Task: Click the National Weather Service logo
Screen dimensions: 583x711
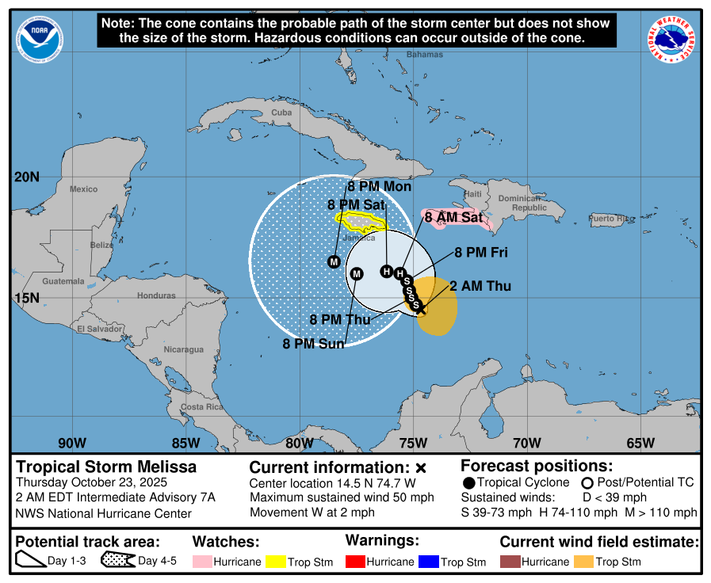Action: (674, 40)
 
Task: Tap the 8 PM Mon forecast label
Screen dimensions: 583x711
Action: (380, 187)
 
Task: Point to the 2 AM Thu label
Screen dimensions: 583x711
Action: (480, 286)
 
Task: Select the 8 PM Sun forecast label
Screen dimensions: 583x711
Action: (314, 344)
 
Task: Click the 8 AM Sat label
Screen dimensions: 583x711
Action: (453, 216)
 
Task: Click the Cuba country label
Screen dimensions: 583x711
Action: (281, 112)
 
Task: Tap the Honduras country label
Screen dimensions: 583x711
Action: (156, 295)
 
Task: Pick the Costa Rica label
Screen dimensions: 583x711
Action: (201, 407)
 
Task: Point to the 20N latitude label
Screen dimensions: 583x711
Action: (26, 177)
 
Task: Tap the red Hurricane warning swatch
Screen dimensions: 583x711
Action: (355, 562)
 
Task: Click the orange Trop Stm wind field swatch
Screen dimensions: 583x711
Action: (584, 562)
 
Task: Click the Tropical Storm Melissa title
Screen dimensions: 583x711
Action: (106, 467)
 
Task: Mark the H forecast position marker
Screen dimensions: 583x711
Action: (387, 272)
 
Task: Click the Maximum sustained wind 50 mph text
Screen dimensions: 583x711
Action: (342, 497)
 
